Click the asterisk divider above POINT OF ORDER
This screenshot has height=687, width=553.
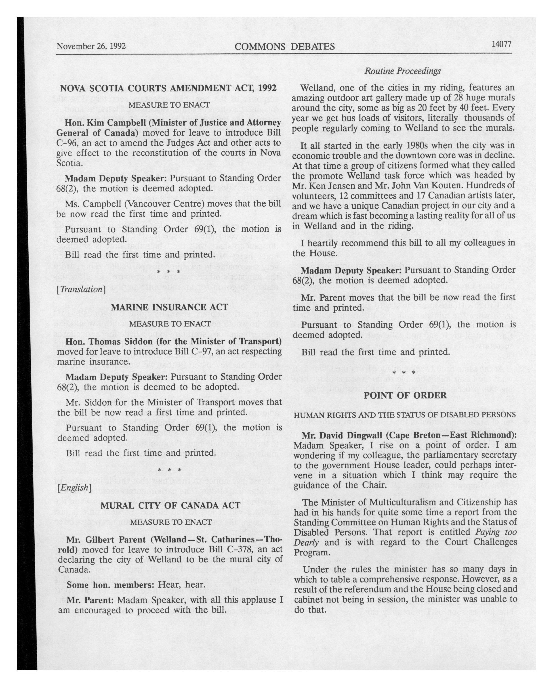click(404, 373)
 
